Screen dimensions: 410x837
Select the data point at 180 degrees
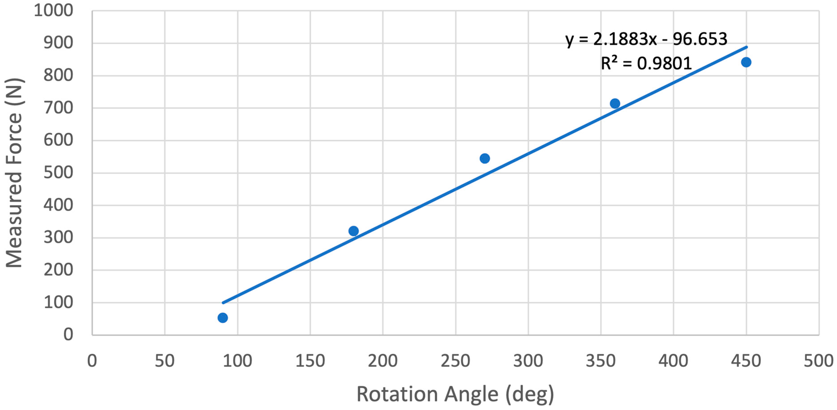tap(354, 231)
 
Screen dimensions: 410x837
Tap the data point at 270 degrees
tap(485, 158)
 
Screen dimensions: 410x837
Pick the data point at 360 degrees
tap(615, 104)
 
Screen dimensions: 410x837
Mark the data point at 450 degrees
tap(746, 62)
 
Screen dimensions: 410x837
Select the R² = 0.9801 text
tap(646, 63)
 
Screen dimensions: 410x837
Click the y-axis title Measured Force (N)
tap(14, 173)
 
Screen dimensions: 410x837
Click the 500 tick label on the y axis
tap(58, 172)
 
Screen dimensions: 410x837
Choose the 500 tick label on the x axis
tap(818, 361)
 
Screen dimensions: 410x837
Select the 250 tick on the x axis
tap(455, 361)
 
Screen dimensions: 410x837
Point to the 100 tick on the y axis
tap(58, 302)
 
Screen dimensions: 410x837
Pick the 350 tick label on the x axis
tap(601, 361)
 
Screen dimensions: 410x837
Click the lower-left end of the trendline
tap(223, 303)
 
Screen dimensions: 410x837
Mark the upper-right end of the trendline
tap(747, 47)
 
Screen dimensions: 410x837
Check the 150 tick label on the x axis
tap(310, 361)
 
